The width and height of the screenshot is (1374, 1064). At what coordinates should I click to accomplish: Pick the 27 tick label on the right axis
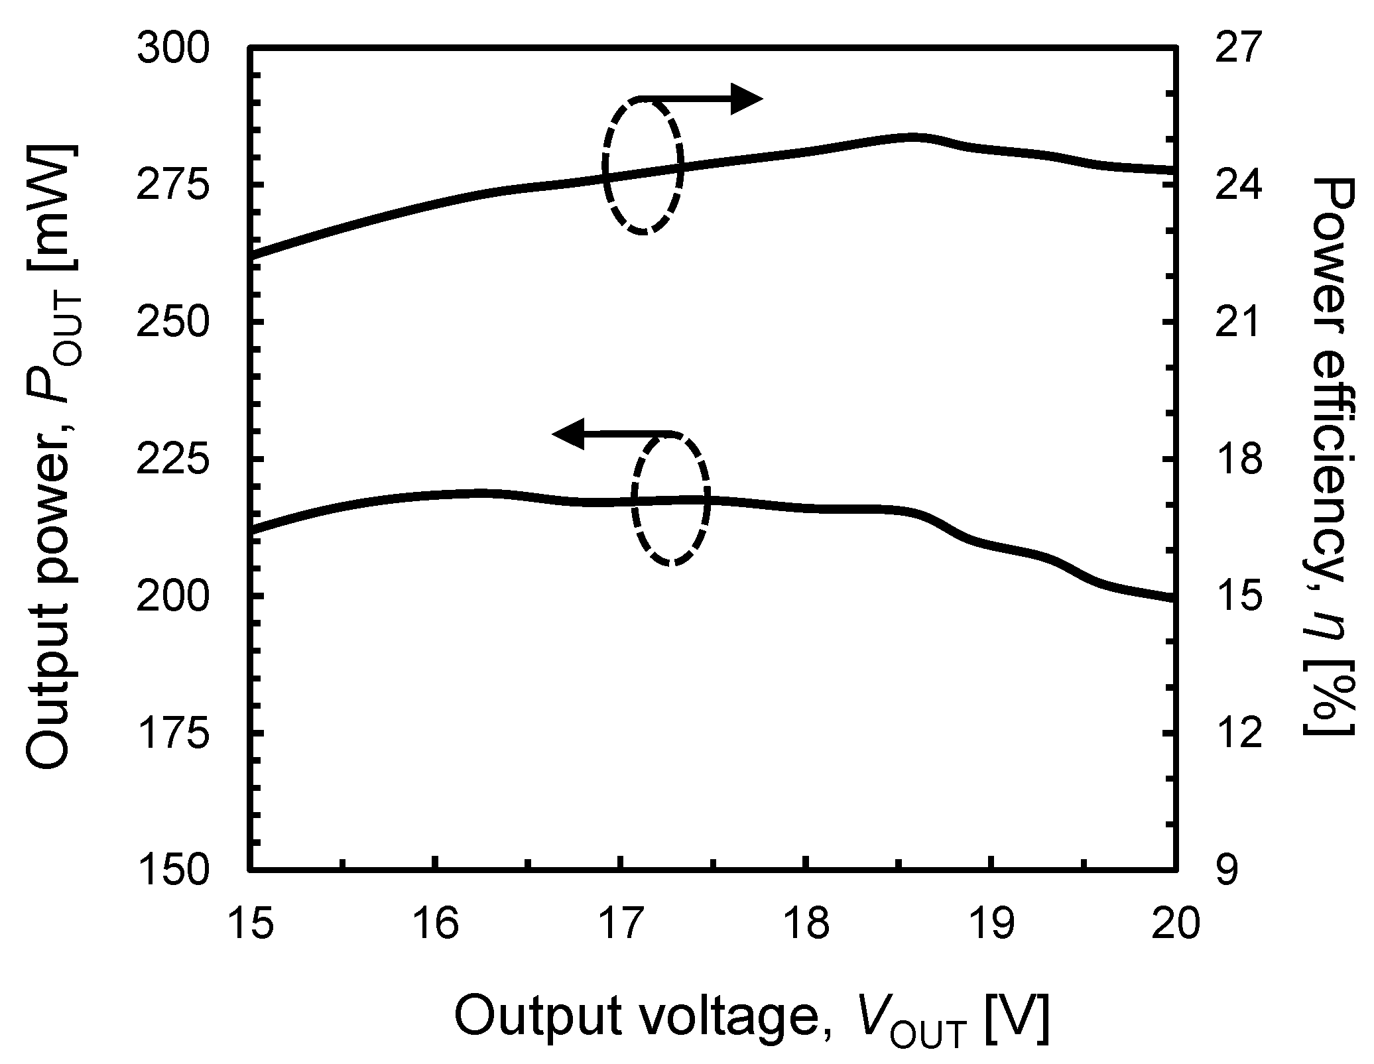click(1235, 49)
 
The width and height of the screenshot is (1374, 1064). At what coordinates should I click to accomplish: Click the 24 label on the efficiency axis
click(1235, 186)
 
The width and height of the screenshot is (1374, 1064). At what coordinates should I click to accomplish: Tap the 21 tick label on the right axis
click(1235, 324)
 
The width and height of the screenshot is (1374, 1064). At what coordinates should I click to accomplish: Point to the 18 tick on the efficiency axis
click(1235, 461)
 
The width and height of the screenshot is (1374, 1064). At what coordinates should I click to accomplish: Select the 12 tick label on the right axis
click(1235, 735)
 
